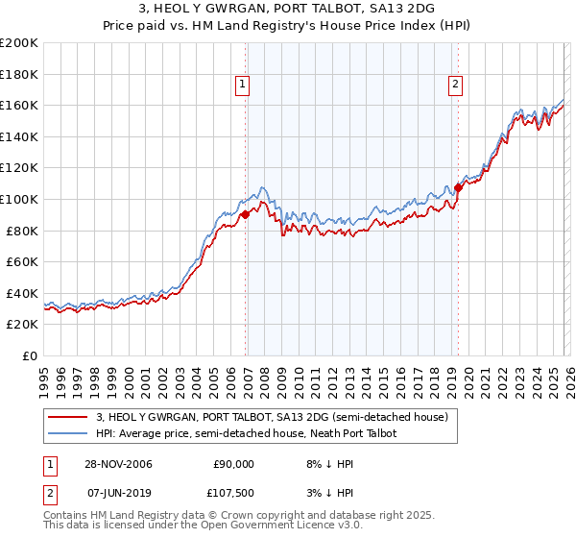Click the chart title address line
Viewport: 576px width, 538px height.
287,9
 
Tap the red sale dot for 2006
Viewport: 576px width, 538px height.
246,214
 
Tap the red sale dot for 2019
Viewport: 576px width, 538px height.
458,187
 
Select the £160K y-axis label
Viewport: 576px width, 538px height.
19,105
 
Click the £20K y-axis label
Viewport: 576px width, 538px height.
22,325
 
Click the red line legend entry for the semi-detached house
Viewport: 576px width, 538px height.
272,418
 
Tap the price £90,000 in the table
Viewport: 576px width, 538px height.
233,463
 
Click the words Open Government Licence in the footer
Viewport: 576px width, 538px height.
236,526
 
